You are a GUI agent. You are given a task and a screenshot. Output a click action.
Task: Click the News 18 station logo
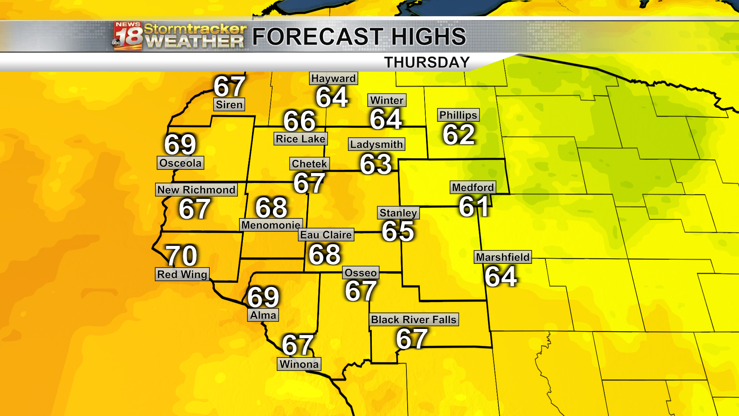click(x=128, y=36)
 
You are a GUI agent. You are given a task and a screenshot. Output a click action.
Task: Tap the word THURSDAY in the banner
click(x=427, y=62)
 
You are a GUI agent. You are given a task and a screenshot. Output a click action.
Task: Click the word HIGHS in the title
click(x=428, y=37)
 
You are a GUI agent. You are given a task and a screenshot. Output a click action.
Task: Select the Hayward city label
click(x=333, y=79)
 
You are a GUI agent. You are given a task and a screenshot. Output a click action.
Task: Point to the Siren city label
click(x=229, y=105)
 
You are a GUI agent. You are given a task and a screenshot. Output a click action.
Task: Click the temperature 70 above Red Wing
click(x=181, y=255)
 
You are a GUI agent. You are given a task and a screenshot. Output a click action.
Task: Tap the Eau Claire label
click(x=326, y=235)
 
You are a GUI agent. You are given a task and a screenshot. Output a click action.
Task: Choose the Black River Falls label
click(x=414, y=320)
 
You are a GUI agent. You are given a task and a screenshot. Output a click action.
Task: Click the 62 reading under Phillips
click(x=458, y=134)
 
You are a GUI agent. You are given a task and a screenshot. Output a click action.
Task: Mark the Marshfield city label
click(x=503, y=257)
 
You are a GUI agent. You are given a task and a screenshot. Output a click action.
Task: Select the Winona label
click(x=299, y=364)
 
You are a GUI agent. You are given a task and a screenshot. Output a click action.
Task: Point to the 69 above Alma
click(x=263, y=297)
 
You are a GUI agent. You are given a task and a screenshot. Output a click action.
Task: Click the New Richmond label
click(x=196, y=190)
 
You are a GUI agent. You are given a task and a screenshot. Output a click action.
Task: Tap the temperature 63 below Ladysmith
click(x=376, y=164)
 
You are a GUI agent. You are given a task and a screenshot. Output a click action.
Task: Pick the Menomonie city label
click(x=271, y=225)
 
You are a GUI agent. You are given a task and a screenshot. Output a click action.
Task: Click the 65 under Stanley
click(x=398, y=231)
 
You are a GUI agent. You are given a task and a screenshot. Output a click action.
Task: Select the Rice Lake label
click(x=301, y=139)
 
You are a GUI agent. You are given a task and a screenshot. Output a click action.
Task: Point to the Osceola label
click(x=181, y=163)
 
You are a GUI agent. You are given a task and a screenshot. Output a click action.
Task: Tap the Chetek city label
click(x=309, y=164)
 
